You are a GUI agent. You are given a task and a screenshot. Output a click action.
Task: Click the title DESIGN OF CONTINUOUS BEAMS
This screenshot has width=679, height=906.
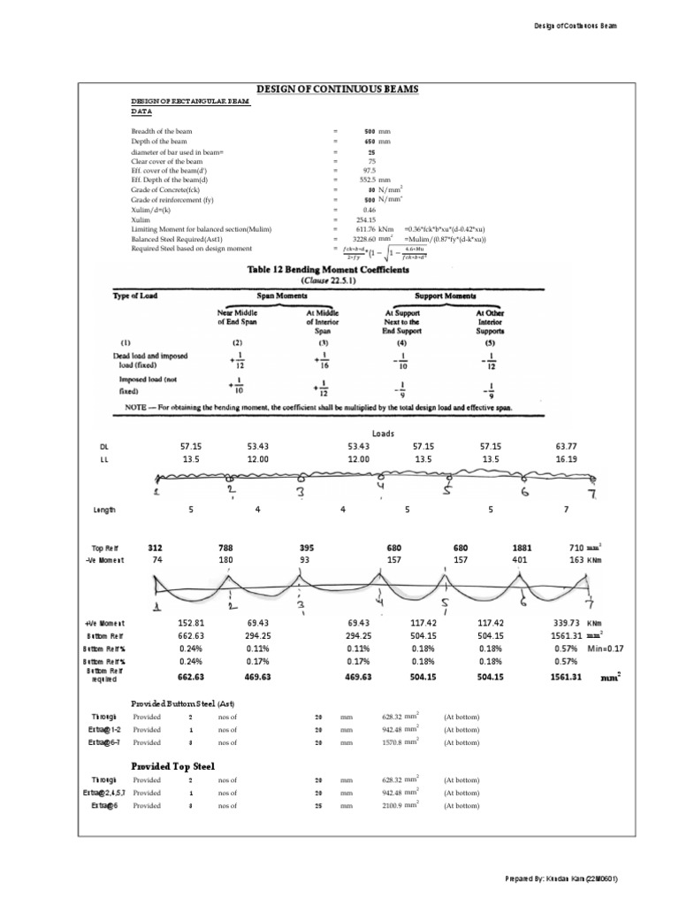[x=338, y=90]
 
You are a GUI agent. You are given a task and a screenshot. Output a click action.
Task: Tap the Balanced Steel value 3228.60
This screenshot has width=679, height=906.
[x=364, y=239]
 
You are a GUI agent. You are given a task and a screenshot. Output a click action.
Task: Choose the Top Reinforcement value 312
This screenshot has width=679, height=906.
[x=155, y=548]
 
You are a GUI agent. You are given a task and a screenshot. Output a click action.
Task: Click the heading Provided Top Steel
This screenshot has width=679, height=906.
[x=172, y=765]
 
